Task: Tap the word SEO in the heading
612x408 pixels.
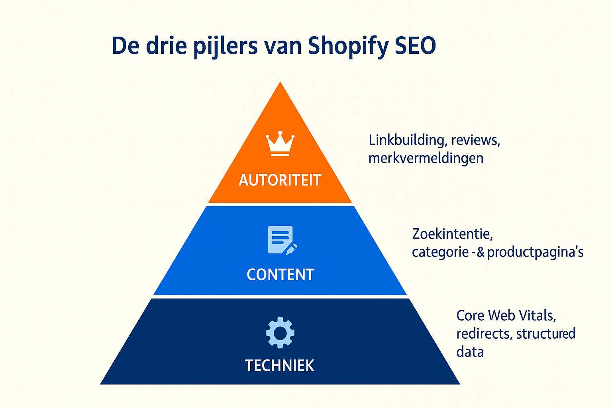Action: point(415,45)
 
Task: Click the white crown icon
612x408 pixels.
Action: point(280,143)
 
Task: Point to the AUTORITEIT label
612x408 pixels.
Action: point(280,180)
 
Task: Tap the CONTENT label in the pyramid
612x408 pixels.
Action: point(280,275)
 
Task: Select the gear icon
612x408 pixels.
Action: point(280,333)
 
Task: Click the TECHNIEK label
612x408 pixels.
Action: point(280,366)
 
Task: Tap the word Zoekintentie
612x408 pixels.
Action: point(453,234)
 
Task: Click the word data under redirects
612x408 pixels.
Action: point(470,352)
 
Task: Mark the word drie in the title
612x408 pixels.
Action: point(167,45)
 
